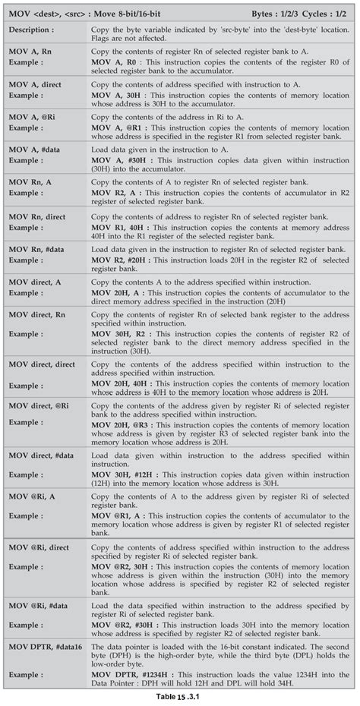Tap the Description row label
point(31,28)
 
